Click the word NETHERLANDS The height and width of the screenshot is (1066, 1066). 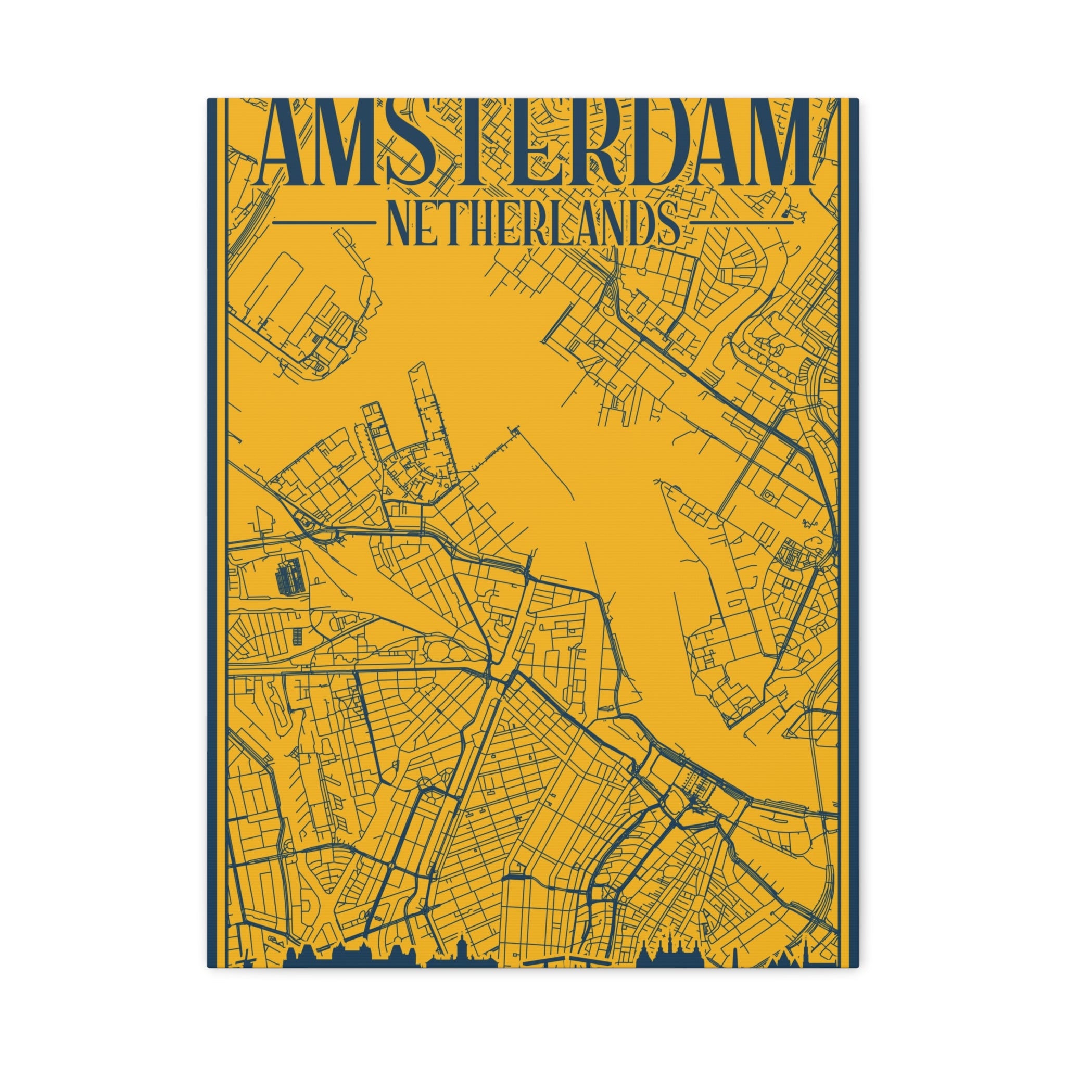coord(533,224)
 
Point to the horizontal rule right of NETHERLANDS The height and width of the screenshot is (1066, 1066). coord(742,223)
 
